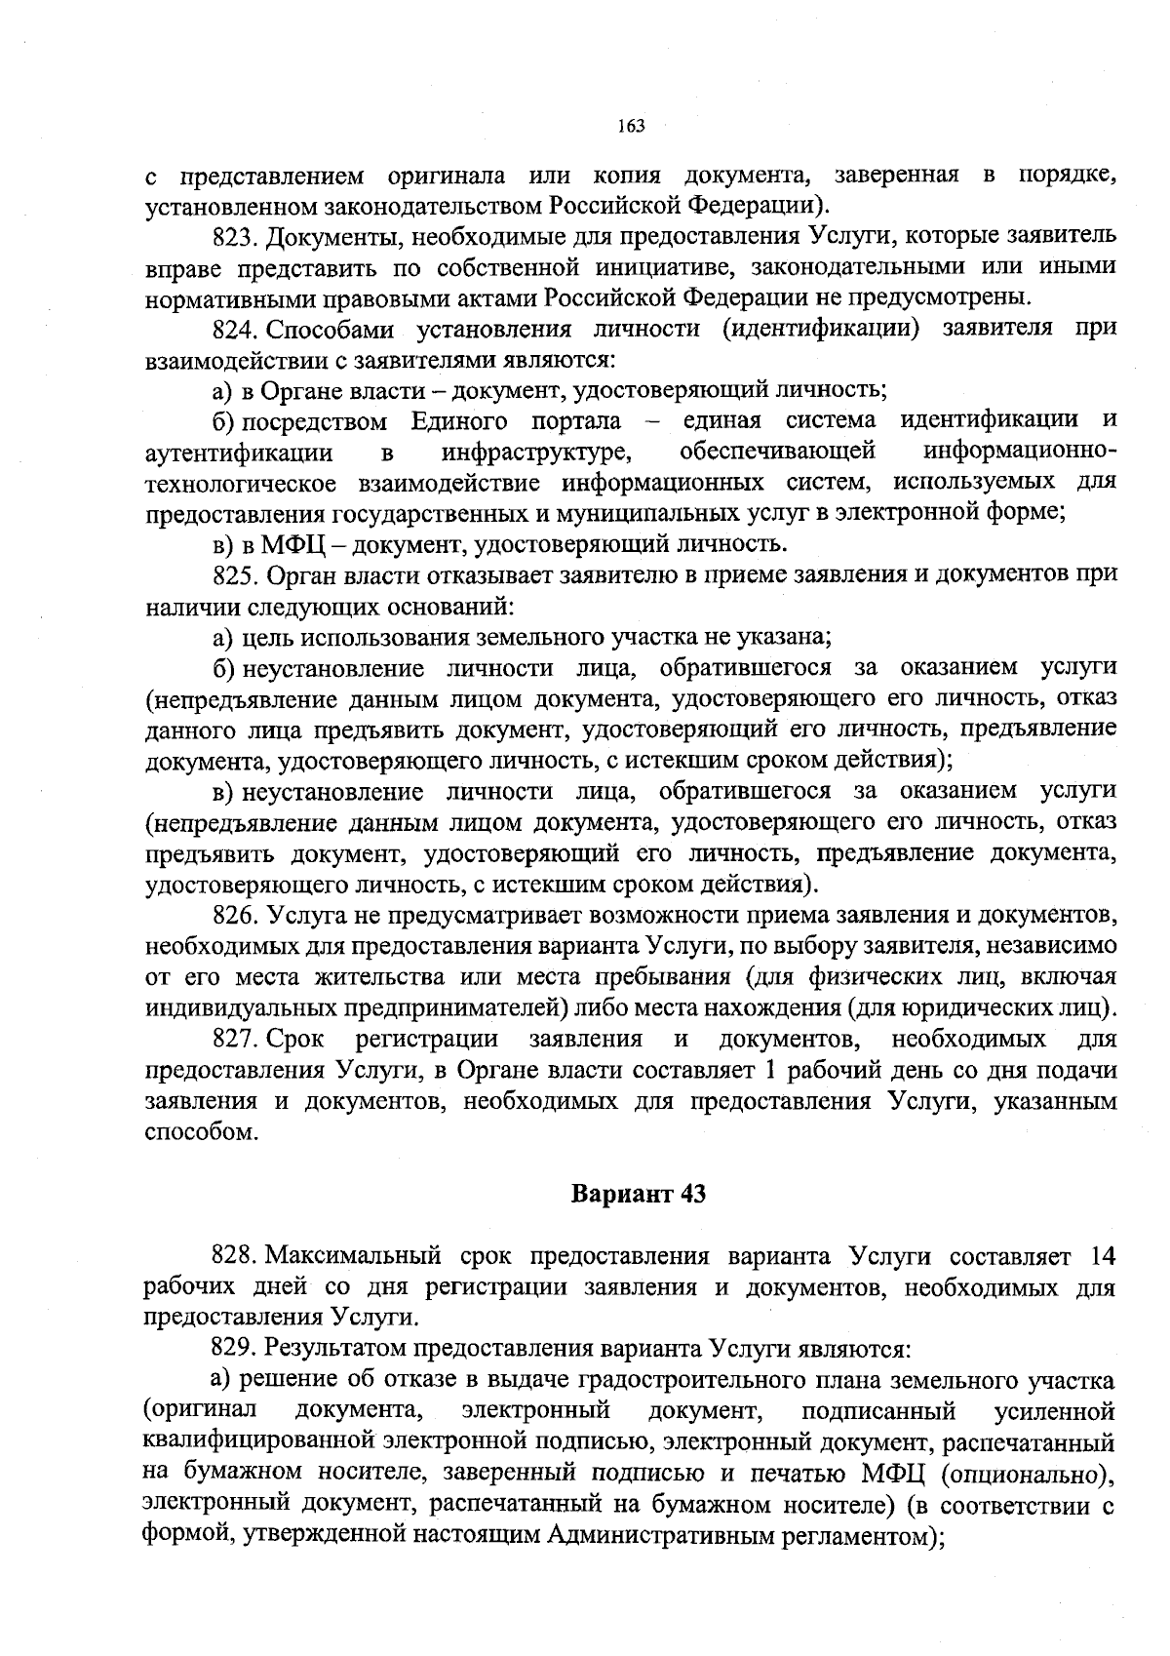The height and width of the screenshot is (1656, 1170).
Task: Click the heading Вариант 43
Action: pos(638,1194)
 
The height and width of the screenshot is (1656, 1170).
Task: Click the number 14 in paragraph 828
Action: pos(1101,1254)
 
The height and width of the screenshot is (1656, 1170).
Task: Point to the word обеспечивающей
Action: pos(776,452)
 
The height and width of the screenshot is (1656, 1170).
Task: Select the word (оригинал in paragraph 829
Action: pos(199,1410)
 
